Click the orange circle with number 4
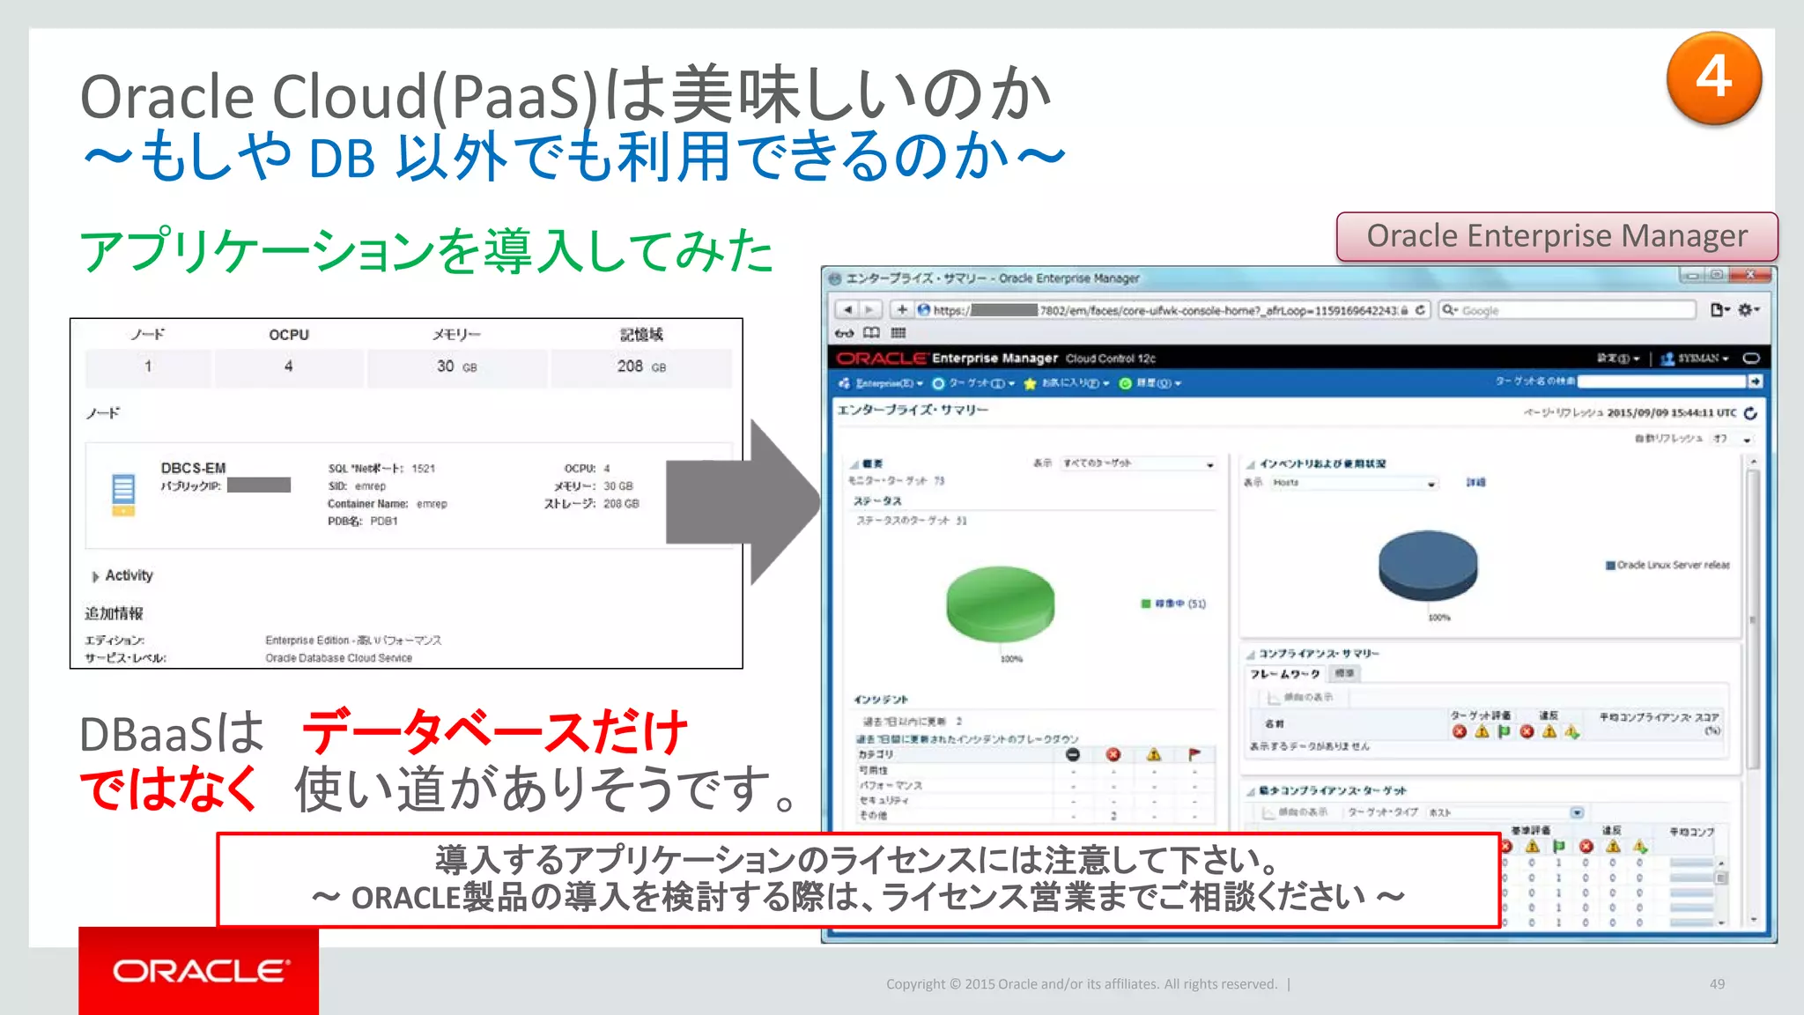[x=1713, y=78]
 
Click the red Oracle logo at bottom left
[x=199, y=970]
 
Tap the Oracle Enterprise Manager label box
[x=1556, y=236]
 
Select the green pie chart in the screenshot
[x=1000, y=603]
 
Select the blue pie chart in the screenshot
[x=1428, y=564]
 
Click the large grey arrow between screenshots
[x=745, y=502]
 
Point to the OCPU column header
[x=289, y=335]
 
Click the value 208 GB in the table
[x=640, y=367]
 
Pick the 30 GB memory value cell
[x=456, y=367]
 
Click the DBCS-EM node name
[x=193, y=468]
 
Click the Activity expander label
[x=129, y=575]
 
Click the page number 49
[x=1717, y=984]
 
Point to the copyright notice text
[x=1081, y=984]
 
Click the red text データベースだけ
[x=494, y=732]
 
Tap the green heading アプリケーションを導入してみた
[x=426, y=251]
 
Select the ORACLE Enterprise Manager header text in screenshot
[x=947, y=358]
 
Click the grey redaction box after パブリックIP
[x=259, y=485]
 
